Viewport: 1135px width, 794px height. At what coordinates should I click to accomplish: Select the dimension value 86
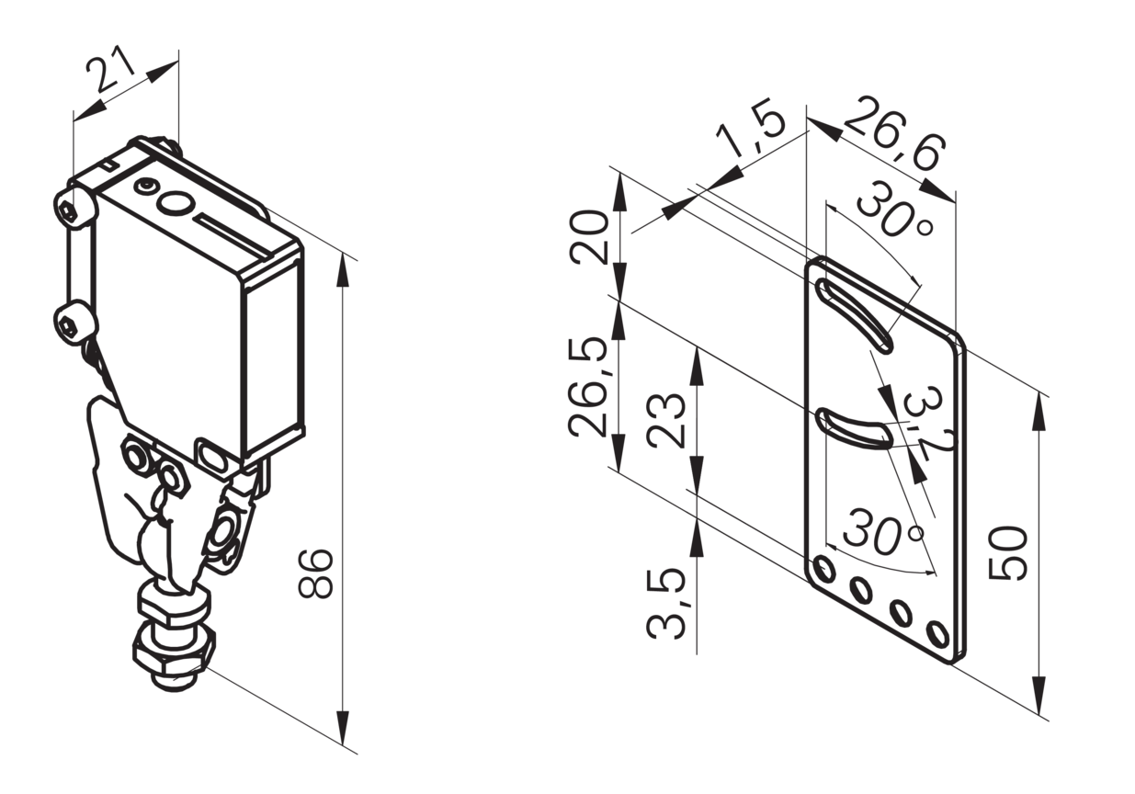coord(314,573)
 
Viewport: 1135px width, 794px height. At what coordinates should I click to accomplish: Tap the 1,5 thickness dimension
coord(752,133)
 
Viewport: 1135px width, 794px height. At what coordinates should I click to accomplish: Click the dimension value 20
coord(589,238)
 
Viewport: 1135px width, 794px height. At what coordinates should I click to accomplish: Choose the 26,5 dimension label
coord(588,387)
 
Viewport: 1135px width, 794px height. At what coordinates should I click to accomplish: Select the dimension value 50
coord(1008,553)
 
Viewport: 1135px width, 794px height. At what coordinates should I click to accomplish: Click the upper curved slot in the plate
coord(854,314)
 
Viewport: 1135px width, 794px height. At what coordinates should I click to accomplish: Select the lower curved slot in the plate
coord(853,429)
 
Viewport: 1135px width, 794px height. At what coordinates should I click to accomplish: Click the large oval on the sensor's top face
coord(176,205)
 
